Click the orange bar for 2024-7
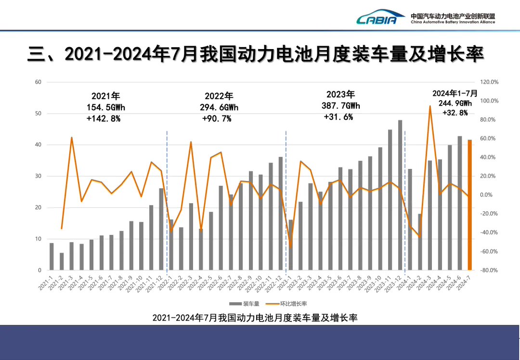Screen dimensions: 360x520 469,205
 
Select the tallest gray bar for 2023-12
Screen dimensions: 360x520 400,195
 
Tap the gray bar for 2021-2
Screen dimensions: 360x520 62,261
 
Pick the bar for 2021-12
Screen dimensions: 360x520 161,229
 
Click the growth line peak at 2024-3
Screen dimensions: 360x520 430,106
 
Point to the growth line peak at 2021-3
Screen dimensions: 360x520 72,138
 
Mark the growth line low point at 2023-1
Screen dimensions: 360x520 290,247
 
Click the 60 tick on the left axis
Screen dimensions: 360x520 38,82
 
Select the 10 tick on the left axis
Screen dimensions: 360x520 38,239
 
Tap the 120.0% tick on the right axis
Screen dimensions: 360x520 489,82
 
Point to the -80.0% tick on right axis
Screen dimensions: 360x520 489,270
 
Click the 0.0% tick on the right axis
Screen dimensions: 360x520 487,195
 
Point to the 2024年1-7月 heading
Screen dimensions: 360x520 455,93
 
